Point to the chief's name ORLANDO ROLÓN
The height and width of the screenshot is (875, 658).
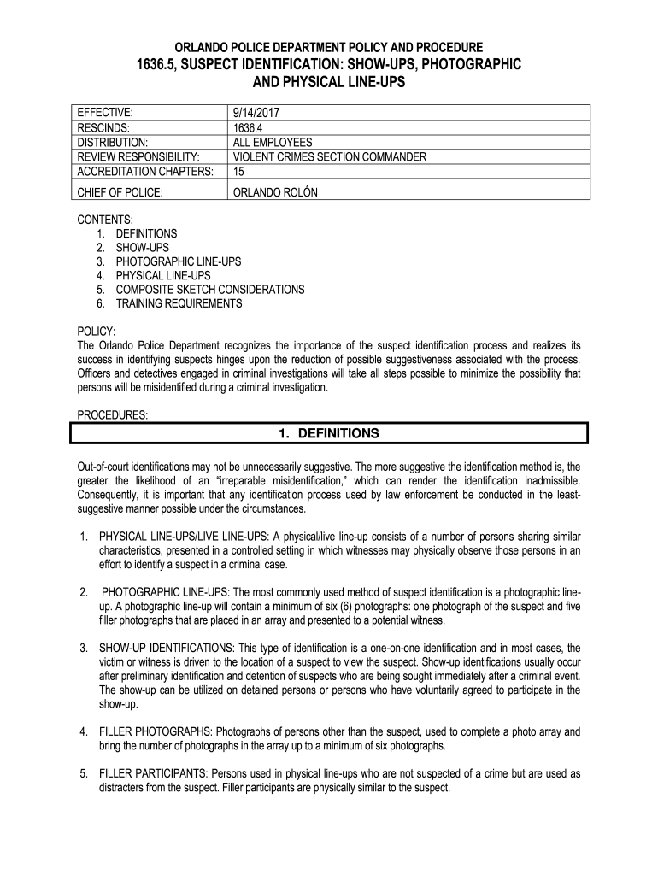coord(275,192)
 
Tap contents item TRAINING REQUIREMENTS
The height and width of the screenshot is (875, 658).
coord(179,303)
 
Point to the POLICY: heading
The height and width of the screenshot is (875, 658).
coord(96,332)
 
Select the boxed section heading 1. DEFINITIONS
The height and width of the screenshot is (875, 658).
coord(329,433)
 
